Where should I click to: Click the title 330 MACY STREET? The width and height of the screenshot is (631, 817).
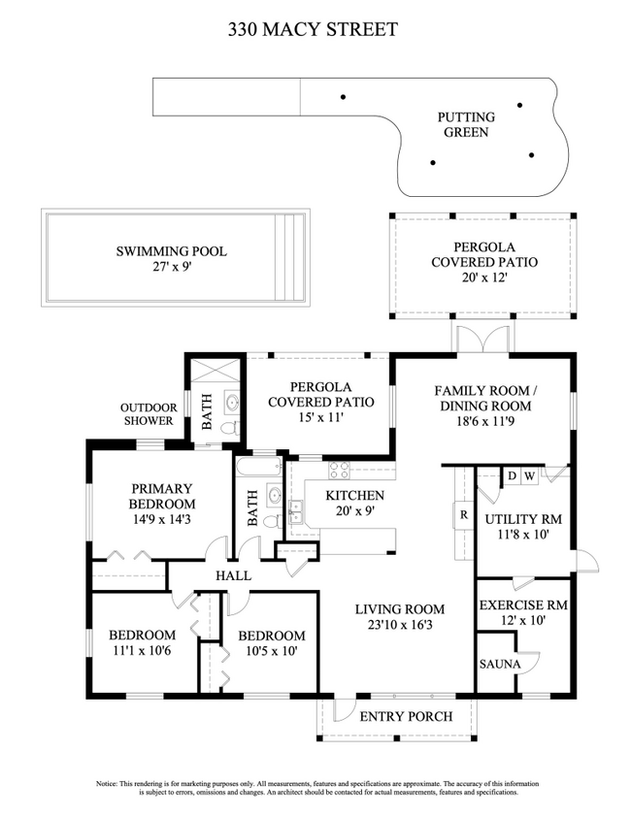tap(313, 30)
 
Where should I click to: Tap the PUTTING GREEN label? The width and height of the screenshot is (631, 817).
tap(466, 124)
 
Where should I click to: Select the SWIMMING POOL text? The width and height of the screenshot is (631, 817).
tap(171, 251)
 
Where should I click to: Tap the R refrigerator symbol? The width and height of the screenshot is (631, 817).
tap(464, 515)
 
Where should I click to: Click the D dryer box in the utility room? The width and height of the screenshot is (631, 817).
tap(512, 475)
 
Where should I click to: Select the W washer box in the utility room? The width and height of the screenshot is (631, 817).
tap(529, 475)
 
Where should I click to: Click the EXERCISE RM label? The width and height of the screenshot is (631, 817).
tap(523, 605)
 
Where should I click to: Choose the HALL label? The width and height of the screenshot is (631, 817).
tap(233, 576)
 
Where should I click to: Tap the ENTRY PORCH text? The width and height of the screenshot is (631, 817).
tap(406, 717)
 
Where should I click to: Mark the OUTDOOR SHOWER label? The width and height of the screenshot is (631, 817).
tap(148, 414)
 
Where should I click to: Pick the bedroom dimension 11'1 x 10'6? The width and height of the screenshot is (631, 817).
tap(142, 651)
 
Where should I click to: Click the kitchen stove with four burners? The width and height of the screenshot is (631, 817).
tap(340, 472)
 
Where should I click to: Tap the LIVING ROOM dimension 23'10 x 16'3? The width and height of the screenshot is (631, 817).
tap(399, 626)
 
